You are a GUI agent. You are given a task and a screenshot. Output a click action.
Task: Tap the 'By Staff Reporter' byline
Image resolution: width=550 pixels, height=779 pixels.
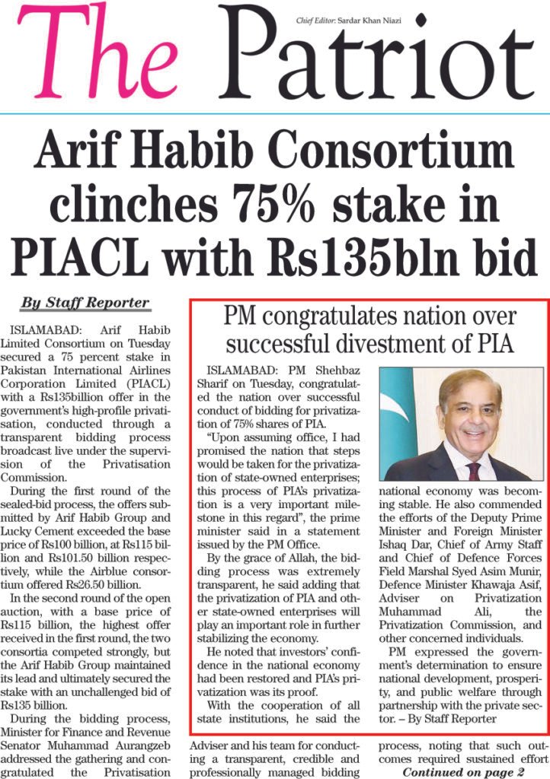[85, 303]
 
